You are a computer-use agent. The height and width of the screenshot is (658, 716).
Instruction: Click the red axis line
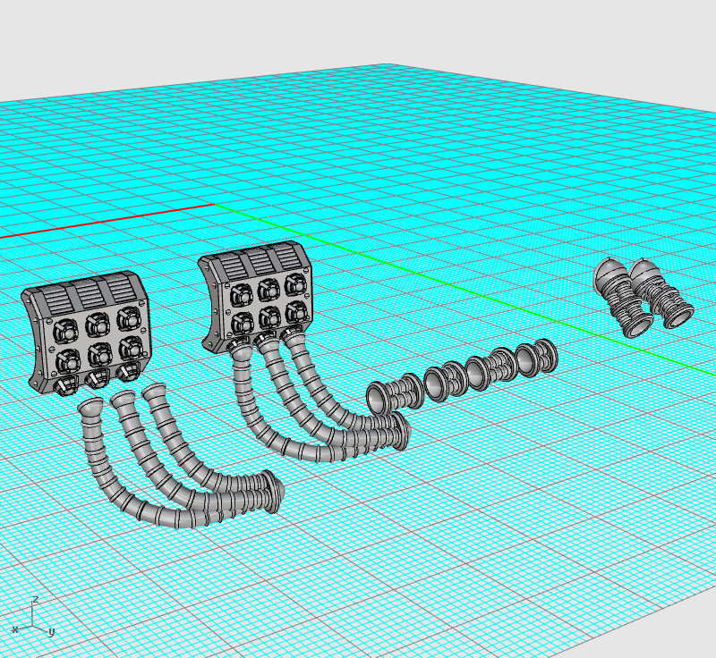pos(107,221)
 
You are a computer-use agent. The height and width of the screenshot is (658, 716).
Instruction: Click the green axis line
pos(465,290)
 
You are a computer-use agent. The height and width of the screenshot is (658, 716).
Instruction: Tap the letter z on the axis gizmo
pos(36,599)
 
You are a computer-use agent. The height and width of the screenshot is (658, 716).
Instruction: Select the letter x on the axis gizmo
pos(15,629)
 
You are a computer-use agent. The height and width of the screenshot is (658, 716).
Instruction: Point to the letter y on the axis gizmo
pos(51,631)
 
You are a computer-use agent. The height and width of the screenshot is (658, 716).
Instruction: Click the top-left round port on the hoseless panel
pos(66,330)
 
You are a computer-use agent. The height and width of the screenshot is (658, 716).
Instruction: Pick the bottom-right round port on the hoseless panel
pos(131,350)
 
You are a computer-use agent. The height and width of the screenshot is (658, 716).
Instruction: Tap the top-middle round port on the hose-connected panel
pos(268,289)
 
